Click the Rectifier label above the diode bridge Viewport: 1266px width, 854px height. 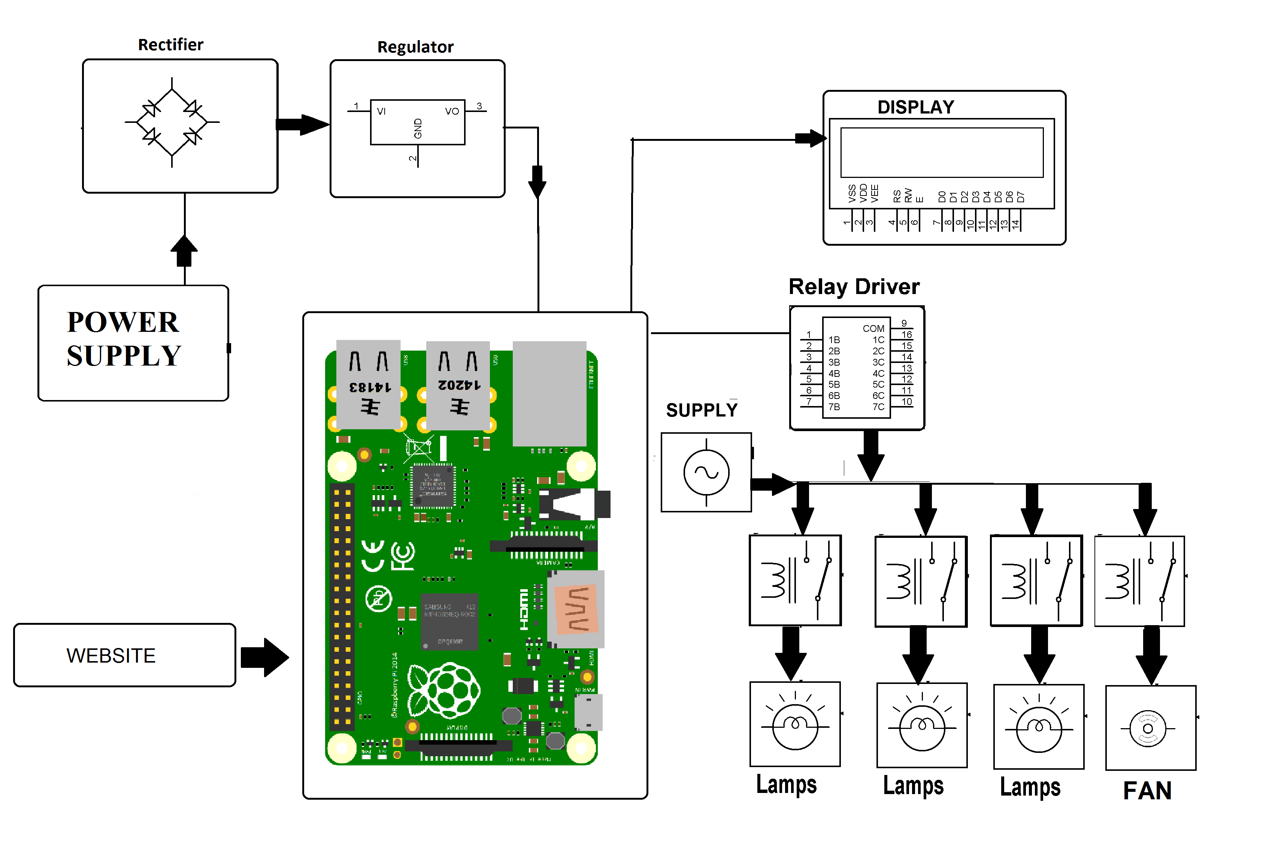point(170,45)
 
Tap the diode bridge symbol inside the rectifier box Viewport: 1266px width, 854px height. point(172,122)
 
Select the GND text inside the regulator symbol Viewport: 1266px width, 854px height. point(418,128)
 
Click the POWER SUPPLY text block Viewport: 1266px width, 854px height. point(124,338)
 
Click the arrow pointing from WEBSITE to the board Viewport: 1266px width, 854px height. point(265,657)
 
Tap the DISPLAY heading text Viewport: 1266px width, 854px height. point(915,107)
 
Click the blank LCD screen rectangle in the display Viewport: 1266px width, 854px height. point(942,152)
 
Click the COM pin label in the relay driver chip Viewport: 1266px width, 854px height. point(873,328)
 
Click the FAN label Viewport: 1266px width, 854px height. point(1147,790)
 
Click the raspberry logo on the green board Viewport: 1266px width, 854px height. point(444,691)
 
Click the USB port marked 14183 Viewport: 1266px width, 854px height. point(369,384)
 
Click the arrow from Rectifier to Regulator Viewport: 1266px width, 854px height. point(303,125)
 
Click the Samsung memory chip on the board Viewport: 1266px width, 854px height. point(450,621)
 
